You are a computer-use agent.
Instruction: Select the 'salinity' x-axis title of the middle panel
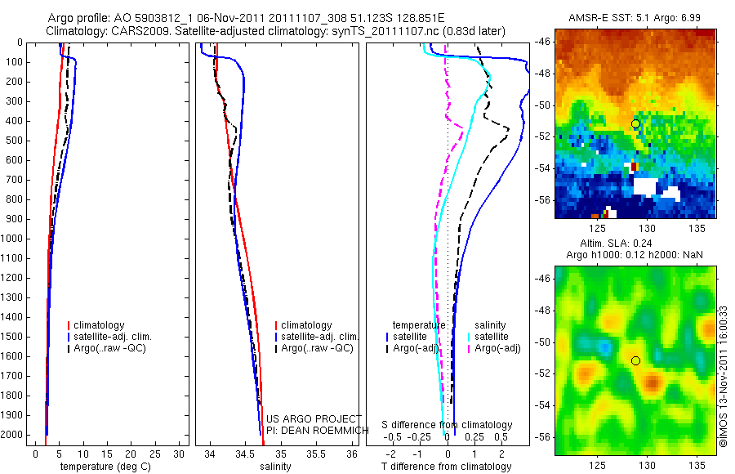(x=274, y=467)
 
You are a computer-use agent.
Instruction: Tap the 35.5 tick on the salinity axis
(x=315, y=453)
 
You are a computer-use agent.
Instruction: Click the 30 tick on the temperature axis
(x=180, y=453)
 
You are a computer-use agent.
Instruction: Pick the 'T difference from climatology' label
(x=446, y=467)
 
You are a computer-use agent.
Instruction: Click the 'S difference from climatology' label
(x=448, y=425)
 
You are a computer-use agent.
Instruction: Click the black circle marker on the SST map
(x=635, y=123)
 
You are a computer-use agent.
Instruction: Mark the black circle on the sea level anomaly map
(x=635, y=360)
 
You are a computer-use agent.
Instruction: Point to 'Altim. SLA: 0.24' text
(x=635, y=244)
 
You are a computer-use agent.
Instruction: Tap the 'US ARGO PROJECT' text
(x=314, y=418)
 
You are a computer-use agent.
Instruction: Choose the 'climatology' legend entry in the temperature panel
(x=100, y=325)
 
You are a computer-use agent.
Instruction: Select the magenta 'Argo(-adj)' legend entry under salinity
(x=497, y=348)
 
